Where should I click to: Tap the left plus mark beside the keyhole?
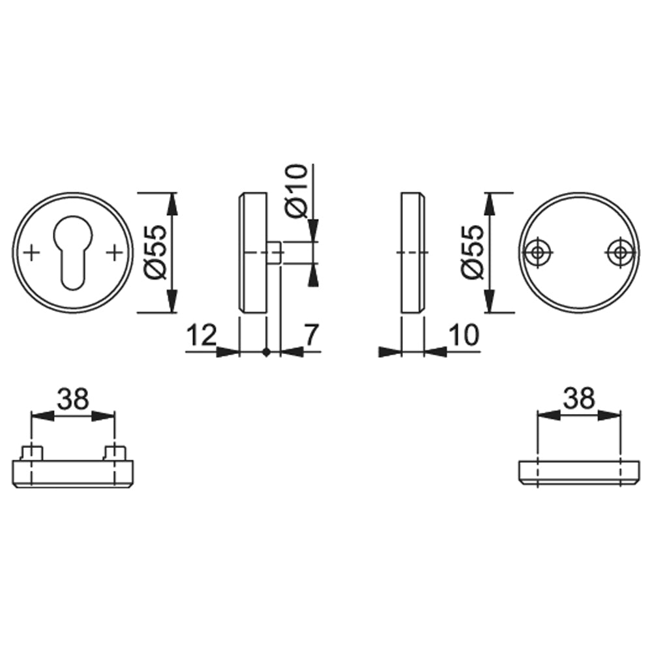(31, 253)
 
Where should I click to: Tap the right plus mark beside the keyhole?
(114, 253)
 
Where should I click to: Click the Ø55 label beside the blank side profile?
(472, 252)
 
